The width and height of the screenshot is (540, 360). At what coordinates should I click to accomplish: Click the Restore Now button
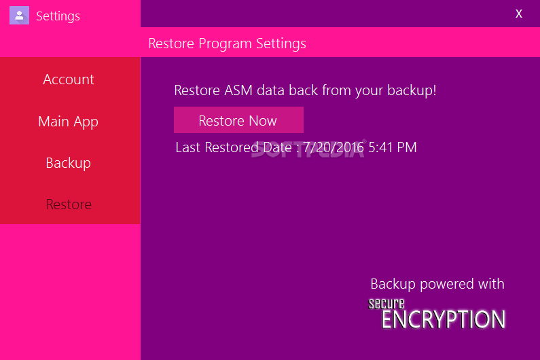pos(238,120)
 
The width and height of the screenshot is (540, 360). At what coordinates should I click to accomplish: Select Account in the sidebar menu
pos(69,79)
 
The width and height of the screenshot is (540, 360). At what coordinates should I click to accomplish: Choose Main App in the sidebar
pos(68,122)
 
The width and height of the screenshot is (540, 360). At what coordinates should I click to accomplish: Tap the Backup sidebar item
pos(68,163)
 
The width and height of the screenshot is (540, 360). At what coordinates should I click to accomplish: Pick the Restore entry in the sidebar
pos(69,204)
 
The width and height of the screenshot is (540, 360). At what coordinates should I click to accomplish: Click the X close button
pos(519,14)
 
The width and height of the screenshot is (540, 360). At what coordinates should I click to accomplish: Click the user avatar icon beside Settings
pos(19,16)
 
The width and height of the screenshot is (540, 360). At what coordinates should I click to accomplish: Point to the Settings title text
pos(58,16)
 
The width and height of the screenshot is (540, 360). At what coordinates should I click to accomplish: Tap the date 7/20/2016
pos(334,147)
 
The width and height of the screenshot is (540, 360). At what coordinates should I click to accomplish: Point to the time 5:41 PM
pos(392,147)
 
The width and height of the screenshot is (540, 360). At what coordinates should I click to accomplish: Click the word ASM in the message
pos(238,90)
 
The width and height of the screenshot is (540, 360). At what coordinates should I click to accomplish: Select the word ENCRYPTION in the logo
pos(444,319)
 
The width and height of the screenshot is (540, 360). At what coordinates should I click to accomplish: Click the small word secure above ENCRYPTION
pos(386,304)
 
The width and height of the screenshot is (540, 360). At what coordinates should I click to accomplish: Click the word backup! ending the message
pos(412,90)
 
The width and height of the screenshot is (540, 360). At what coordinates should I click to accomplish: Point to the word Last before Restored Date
pos(187,147)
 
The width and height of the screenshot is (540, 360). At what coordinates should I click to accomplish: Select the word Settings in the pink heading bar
pos(281,44)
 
